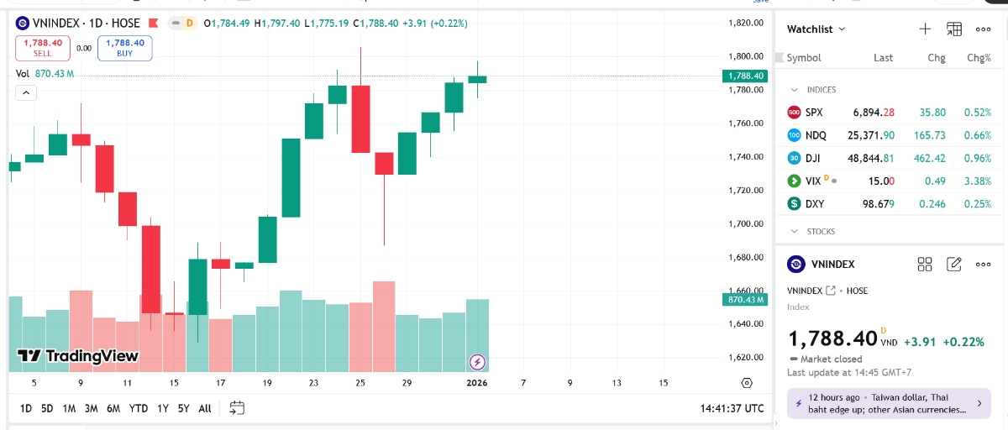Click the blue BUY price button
pos(124,48)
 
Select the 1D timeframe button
pos(26,408)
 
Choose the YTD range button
pos(139,408)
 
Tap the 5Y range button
pos(183,408)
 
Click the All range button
pos(205,408)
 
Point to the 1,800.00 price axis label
pos(746,56)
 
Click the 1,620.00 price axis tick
pos(746,357)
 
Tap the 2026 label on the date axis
pos(477,383)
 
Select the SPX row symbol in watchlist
pos(814,113)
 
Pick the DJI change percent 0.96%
pos(979,158)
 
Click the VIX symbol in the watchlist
pos(812,181)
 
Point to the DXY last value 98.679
pos(874,203)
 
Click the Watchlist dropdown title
pos(816,29)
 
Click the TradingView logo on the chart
pos(78,356)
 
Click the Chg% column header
pos(979,58)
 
